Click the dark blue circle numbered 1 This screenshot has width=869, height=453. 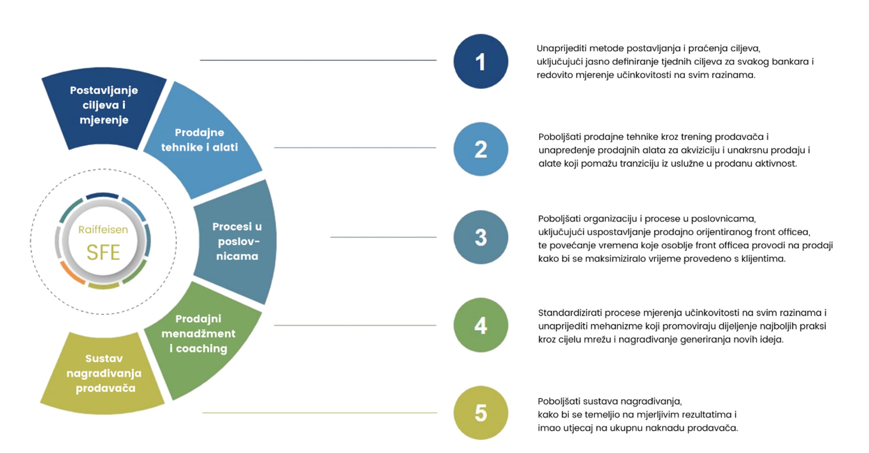click(x=481, y=61)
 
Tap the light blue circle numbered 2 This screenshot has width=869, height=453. click(x=481, y=149)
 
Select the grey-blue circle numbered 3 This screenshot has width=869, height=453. click(x=481, y=237)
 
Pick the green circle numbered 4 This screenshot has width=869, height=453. click(x=481, y=325)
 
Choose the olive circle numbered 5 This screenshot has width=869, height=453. click(x=481, y=413)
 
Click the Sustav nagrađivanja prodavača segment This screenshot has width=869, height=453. click(x=104, y=374)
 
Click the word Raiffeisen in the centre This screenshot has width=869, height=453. click(x=103, y=230)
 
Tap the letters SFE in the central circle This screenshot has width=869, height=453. click(x=103, y=252)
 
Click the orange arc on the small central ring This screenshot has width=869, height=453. click(x=71, y=273)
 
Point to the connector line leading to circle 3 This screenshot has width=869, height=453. click(x=383, y=237)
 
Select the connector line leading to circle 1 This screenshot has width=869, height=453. click(x=318, y=60)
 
